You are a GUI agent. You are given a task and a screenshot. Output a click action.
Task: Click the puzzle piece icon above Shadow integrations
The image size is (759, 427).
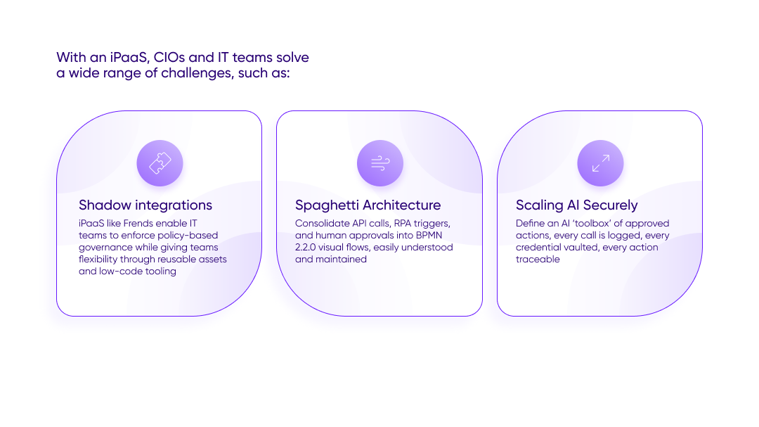coord(160,163)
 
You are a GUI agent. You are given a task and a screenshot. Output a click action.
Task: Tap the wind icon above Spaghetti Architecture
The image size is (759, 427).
coord(379,163)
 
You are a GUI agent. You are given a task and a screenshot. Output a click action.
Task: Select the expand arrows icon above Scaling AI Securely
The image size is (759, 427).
coord(600,163)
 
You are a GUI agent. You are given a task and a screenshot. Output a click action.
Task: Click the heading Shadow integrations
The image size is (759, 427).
coord(145,205)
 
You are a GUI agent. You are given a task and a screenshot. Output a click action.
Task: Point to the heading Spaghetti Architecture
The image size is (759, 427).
coord(368,205)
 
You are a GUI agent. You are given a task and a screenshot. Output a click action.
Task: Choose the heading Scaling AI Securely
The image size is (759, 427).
coord(576,205)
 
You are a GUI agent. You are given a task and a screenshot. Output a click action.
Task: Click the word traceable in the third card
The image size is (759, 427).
coord(538,260)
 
